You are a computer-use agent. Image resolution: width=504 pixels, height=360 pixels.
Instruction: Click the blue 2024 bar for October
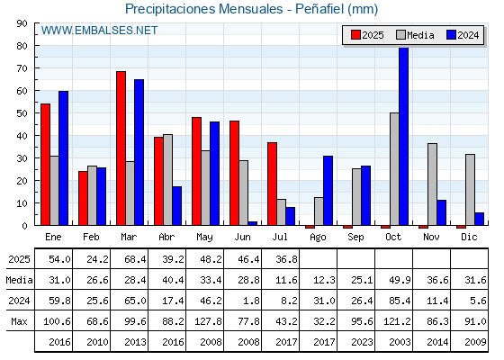pyautogui.click(x=404, y=136)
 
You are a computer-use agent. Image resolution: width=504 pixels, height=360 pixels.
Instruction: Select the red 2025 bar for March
pyautogui.click(x=121, y=148)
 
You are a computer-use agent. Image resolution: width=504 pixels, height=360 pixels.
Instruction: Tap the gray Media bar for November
pyautogui.click(x=432, y=184)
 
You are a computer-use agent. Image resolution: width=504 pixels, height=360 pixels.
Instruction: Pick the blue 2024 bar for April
pyautogui.click(x=176, y=206)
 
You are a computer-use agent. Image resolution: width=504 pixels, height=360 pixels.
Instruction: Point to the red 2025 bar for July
pyautogui.click(x=272, y=184)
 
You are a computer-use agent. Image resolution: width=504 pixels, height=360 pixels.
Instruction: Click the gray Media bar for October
pyautogui.click(x=394, y=169)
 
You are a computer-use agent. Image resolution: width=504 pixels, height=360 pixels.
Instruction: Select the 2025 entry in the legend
pyautogui.click(x=367, y=35)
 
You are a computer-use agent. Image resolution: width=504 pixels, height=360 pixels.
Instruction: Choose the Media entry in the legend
pyautogui.click(x=415, y=35)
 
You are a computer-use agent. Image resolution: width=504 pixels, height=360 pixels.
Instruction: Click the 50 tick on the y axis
pyautogui.click(x=22, y=113)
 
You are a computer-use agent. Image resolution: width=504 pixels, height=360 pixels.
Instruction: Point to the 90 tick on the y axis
pyautogui.click(x=22, y=23)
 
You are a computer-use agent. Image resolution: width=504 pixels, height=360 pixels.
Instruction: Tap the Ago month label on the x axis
pyautogui.click(x=318, y=238)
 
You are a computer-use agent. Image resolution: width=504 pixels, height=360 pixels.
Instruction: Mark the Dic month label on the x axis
pyautogui.click(x=469, y=237)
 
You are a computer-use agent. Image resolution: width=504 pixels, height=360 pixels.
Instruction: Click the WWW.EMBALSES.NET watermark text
pyautogui.click(x=99, y=31)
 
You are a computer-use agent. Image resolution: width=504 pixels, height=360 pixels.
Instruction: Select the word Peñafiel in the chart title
pyautogui.click(x=319, y=9)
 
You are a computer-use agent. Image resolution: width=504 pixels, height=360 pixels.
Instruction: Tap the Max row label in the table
pyautogui.click(x=19, y=321)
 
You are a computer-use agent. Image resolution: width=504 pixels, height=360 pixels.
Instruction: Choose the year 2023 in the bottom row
pyautogui.click(x=362, y=342)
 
